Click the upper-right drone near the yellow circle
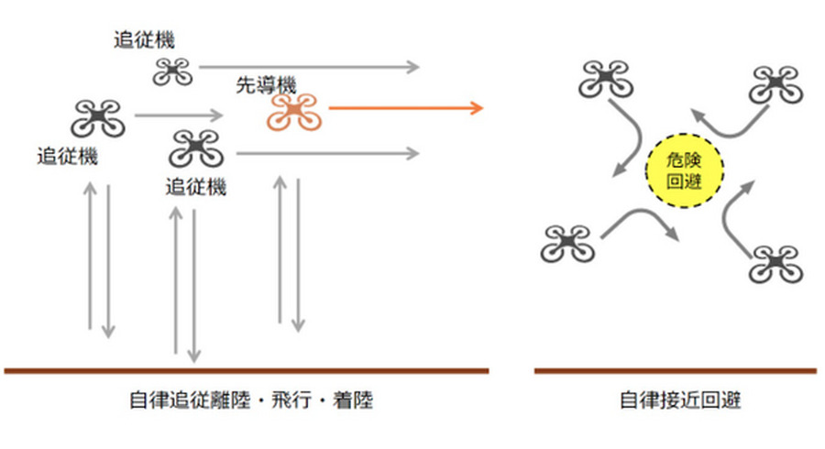pyautogui.click(x=775, y=85)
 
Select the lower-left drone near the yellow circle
pyautogui.click(x=568, y=243)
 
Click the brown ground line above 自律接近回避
pyautogui.click(x=675, y=371)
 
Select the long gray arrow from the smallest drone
pyautogui.click(x=308, y=67)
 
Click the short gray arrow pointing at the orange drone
pyautogui.click(x=179, y=116)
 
